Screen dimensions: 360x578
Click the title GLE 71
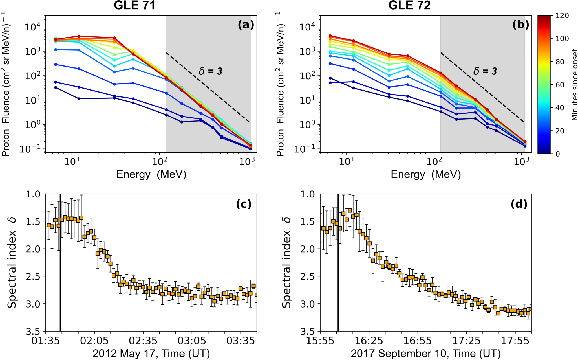134,5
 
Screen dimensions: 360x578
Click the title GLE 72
409,5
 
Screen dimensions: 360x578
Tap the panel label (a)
246,25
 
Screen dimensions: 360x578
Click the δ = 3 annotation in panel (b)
485,71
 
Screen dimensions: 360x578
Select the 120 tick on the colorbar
562,16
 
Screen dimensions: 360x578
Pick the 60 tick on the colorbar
560,85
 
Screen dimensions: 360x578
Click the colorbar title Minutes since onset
575,85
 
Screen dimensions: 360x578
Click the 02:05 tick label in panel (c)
94,341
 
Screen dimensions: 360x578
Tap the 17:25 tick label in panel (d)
466,341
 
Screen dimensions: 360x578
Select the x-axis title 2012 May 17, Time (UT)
151,354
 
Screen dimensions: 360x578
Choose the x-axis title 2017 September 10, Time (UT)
425,354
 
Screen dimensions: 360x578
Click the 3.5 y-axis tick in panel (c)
33,331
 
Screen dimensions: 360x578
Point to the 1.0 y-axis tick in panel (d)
308,194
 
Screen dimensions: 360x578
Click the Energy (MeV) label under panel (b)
425,174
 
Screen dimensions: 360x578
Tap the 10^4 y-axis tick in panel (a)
33,27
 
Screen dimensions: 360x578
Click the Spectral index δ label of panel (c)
12,262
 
